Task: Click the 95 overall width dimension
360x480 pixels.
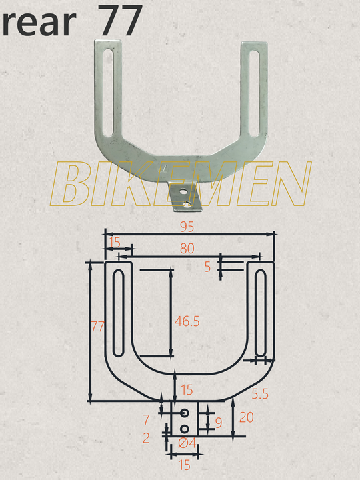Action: coord(187,227)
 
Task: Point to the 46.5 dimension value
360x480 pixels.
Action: coord(187,321)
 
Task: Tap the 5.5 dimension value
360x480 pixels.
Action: coord(259,395)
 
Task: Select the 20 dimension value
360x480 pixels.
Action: coord(245,418)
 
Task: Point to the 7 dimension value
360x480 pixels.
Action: coord(147,420)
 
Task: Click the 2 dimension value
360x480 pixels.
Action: coord(146,438)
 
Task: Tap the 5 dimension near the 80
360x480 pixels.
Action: coord(207,267)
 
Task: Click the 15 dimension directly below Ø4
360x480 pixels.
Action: coord(184,465)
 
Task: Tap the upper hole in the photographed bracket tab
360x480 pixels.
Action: coord(184,191)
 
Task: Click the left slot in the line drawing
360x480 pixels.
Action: coord(118,313)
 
